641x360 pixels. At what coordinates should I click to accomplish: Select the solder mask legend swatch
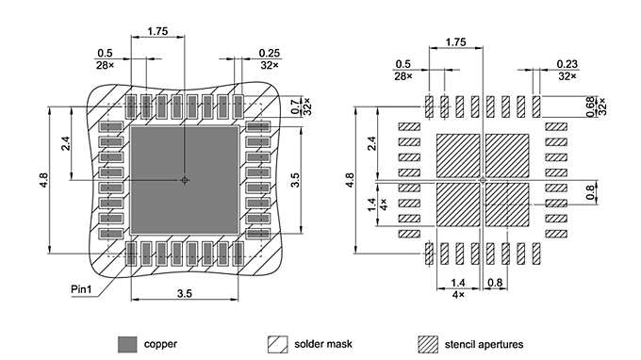278,343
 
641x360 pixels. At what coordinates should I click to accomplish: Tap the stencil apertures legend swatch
429,343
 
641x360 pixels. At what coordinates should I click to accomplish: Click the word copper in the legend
160,344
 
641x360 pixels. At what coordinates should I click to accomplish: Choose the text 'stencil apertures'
484,344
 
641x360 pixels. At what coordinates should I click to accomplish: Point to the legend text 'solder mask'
323,344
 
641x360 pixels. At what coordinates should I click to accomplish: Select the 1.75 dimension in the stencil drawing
455,42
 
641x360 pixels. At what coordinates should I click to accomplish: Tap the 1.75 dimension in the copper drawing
158,32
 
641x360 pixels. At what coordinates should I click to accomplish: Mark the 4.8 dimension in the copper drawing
43,178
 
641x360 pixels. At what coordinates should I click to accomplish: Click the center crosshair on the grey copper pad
185,180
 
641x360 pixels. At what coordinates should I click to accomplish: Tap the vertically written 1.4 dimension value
371,203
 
